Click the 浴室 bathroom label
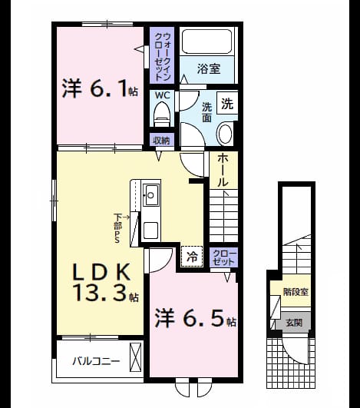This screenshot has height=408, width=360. (x=209, y=68)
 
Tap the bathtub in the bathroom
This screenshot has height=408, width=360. (x=207, y=41)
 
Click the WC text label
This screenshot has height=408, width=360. (x=163, y=95)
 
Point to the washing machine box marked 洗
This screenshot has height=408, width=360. (x=227, y=104)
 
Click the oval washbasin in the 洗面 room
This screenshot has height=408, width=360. (x=225, y=134)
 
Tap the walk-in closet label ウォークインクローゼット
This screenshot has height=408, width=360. (x=162, y=56)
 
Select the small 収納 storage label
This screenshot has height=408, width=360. (x=161, y=141)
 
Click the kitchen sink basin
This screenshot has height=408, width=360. (x=151, y=195)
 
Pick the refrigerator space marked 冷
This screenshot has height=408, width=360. (x=192, y=257)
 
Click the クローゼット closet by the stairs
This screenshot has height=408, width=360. (x=224, y=257)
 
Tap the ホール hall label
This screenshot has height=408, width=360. (x=223, y=170)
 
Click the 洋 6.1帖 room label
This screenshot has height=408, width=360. (x=100, y=88)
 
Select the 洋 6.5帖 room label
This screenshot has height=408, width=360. (x=195, y=319)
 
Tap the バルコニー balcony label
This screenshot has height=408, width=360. (x=96, y=361)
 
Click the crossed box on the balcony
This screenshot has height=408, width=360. (x=135, y=357)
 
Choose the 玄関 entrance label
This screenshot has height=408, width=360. (x=294, y=323)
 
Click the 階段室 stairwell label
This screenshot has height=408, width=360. (x=296, y=292)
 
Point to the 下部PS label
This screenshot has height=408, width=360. (x=118, y=228)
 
